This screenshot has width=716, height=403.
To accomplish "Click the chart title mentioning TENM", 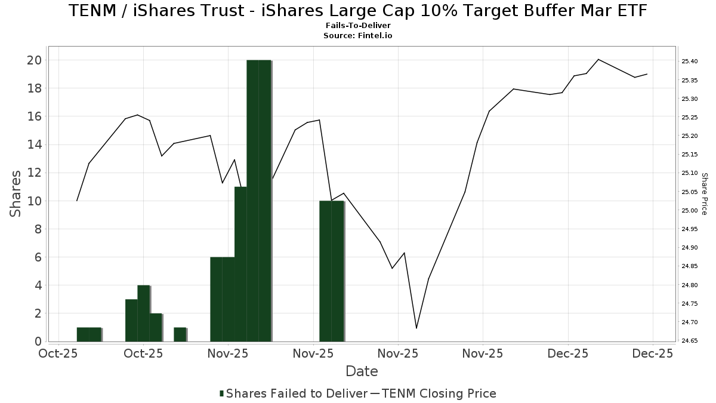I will [357, 11].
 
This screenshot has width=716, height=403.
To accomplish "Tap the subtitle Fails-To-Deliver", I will [357, 26].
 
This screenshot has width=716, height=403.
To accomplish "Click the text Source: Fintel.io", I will [357, 36].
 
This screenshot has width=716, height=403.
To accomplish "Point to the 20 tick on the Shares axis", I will [34, 60].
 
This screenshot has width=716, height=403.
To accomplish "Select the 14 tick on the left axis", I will [34, 144].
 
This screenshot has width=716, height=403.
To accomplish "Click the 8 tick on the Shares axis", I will [38, 229].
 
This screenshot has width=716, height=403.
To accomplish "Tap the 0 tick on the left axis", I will [38, 342].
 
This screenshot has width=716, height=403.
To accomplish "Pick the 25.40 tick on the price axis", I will [690, 61].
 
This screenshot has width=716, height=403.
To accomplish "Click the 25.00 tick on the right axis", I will [690, 210].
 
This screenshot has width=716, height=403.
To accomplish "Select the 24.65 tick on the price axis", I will [690, 341].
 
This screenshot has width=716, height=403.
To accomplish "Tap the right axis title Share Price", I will [704, 193].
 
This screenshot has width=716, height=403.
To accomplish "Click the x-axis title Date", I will [362, 371].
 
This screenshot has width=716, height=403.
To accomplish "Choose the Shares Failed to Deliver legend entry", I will [293, 393].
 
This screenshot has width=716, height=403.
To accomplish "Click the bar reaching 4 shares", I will [143, 313].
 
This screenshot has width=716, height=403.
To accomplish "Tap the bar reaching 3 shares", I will [131, 320].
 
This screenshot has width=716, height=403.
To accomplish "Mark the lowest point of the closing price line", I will [416, 328].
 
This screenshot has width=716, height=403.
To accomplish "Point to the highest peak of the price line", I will [598, 60].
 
